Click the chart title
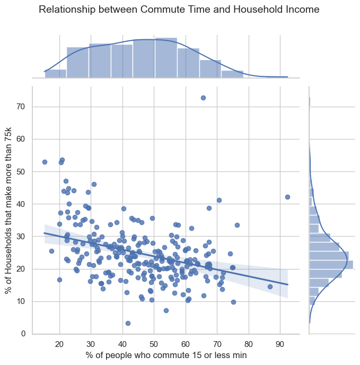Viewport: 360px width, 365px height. (179, 10)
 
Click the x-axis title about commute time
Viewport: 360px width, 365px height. (166, 355)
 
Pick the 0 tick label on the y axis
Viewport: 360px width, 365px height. (22, 334)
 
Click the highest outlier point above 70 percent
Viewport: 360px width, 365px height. (203, 98)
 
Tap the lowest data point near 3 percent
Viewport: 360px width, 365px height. (128, 323)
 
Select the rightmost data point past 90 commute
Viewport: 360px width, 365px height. (287, 197)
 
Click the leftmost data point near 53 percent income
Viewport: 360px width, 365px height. (45, 162)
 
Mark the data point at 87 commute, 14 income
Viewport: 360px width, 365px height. (270, 286)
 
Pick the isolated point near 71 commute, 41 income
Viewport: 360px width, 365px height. (219, 200)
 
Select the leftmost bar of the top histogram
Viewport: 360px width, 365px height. (56, 73)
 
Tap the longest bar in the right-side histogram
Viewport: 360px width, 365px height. (331, 264)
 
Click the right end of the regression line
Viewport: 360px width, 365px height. (287, 284)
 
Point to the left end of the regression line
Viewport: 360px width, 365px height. (45, 232)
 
